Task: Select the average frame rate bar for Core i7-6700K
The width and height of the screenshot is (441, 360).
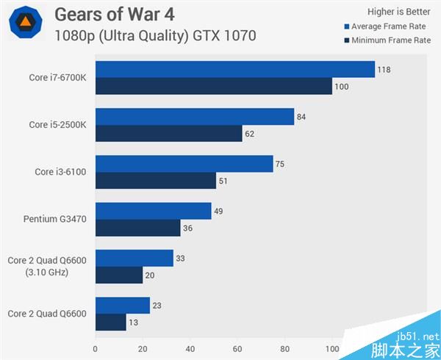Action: click(235, 69)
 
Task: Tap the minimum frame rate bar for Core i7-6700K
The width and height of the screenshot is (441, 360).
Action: click(214, 86)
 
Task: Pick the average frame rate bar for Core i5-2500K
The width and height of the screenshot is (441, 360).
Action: click(195, 116)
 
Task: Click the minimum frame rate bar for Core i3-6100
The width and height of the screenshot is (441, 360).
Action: click(156, 181)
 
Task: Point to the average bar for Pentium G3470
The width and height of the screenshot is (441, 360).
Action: click(153, 211)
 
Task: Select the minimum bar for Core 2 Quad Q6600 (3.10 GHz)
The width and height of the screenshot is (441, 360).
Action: click(119, 275)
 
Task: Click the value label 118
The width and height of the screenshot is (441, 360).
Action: click(384, 70)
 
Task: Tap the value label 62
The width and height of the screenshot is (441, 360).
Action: click(250, 134)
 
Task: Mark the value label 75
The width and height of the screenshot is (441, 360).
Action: click(280, 165)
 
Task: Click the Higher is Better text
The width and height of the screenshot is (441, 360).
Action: click(398, 11)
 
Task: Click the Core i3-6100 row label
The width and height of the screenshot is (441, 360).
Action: click(61, 172)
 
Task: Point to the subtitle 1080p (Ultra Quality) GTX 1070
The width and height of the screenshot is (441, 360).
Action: click(155, 35)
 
